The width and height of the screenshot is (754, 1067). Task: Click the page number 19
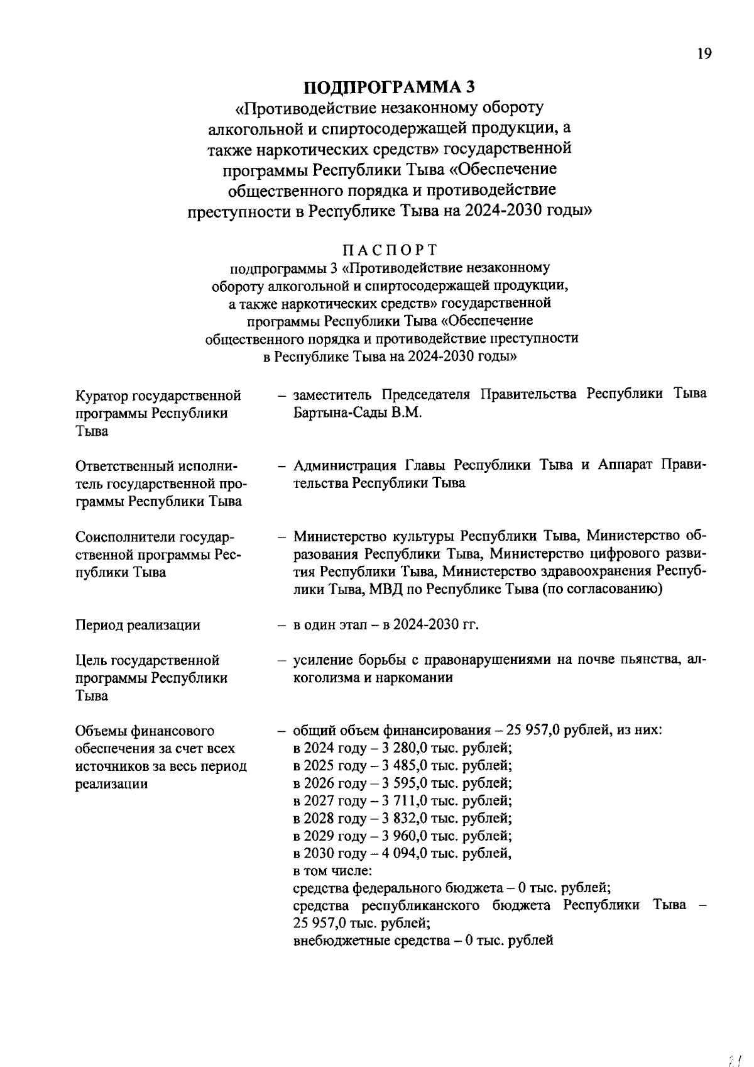(704, 54)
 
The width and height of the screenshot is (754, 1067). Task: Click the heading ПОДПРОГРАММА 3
(390, 87)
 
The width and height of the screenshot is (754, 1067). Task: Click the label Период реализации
(138, 625)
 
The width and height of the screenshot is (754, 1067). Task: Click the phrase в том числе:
(332, 871)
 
